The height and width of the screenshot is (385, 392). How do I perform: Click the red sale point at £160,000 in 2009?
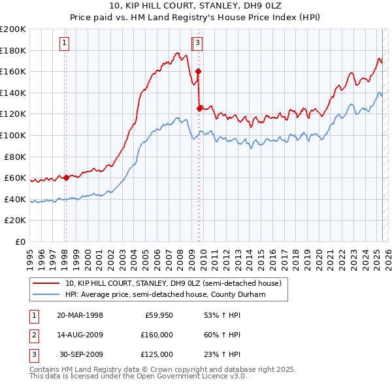pyautogui.click(x=198, y=71)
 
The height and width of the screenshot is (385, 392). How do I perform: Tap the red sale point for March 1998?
pyautogui.click(x=66, y=177)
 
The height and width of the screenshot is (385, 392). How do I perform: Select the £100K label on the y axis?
pyautogui.click(x=14, y=135)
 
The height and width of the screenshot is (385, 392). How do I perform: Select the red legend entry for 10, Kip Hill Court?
pyautogui.click(x=173, y=283)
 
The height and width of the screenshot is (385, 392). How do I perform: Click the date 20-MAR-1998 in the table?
pyautogui.click(x=80, y=316)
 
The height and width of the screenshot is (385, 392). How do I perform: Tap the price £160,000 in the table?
pyautogui.click(x=157, y=335)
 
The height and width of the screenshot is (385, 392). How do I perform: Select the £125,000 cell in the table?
pyautogui.click(x=157, y=354)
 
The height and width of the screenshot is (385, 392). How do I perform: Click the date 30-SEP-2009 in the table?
pyautogui.click(x=81, y=354)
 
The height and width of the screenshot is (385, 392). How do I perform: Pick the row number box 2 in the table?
pyautogui.click(x=33, y=335)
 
